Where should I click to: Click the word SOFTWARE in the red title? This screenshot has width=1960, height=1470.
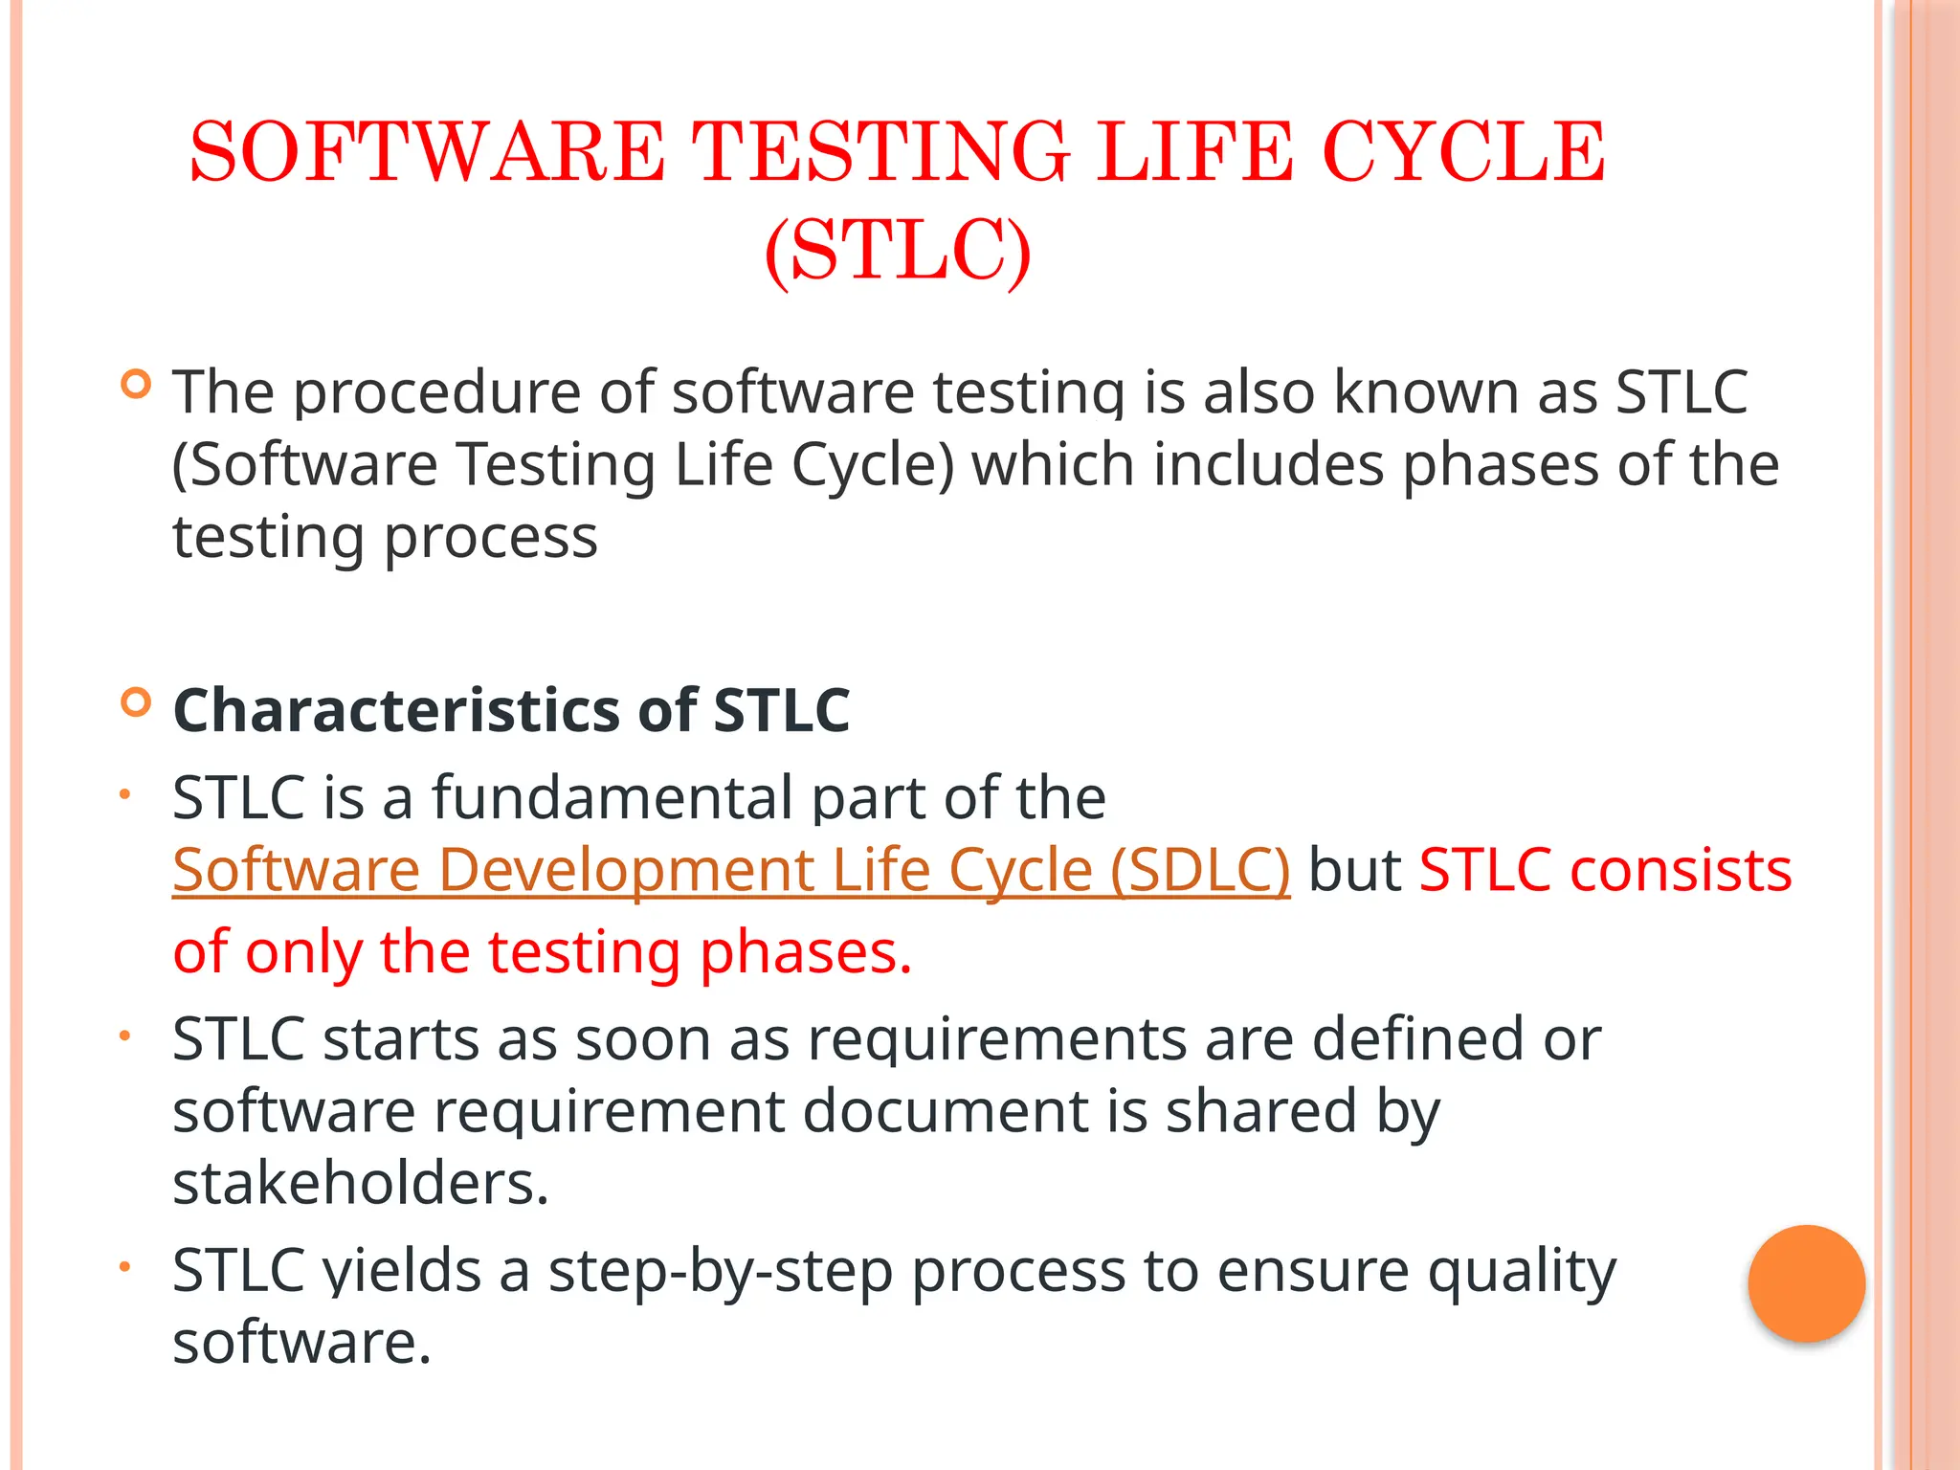427,151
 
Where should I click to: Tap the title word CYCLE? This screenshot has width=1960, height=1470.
1463,151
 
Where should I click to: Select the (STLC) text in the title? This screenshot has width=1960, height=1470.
898,251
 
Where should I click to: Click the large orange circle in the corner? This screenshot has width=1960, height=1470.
1806,1283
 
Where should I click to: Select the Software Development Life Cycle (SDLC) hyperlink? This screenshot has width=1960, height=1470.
731,870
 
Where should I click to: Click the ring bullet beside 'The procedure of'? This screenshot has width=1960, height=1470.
137,385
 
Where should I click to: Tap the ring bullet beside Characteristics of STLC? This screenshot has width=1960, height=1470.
137,702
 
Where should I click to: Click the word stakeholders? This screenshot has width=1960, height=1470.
360,1183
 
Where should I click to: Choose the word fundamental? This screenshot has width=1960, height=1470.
612,797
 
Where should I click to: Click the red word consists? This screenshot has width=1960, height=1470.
1681,870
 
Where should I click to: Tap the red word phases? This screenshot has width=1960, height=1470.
805,952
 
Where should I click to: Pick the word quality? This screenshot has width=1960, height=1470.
1522,1271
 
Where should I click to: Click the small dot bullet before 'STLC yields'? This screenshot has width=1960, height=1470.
123,1266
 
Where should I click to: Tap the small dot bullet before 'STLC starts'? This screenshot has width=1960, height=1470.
123,1035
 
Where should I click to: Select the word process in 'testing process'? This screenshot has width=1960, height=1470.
490,538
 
